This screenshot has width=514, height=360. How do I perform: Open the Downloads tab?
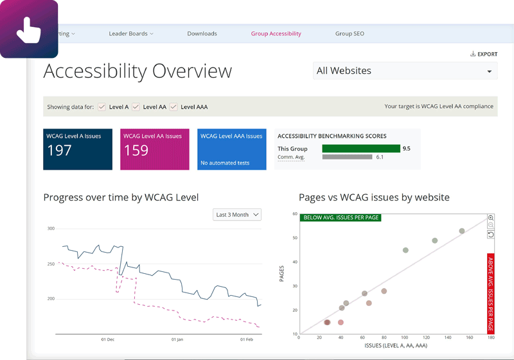[x=202, y=33]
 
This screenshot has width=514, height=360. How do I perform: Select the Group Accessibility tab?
[x=276, y=33]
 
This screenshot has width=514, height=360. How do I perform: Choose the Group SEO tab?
[x=350, y=33]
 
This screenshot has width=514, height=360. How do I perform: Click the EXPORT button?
[x=484, y=54]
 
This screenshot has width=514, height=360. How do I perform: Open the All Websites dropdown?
[x=405, y=71]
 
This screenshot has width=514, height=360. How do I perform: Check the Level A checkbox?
[x=102, y=107]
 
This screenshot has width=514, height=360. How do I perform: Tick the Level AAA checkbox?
[x=174, y=107]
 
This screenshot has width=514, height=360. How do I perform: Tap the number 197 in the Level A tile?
[x=60, y=150]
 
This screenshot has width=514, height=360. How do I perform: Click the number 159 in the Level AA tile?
[x=136, y=150]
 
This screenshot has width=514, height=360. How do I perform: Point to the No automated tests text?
[x=225, y=163]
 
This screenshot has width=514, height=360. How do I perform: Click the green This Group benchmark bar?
[x=360, y=148]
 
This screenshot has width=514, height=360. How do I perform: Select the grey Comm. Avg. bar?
[x=347, y=157]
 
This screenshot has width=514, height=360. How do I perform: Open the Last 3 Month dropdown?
[x=237, y=215]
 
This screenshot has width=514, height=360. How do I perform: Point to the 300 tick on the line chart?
[x=51, y=228]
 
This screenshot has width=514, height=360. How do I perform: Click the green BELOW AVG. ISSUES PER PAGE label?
[x=341, y=217]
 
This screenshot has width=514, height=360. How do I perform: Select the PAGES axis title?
[x=282, y=274]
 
